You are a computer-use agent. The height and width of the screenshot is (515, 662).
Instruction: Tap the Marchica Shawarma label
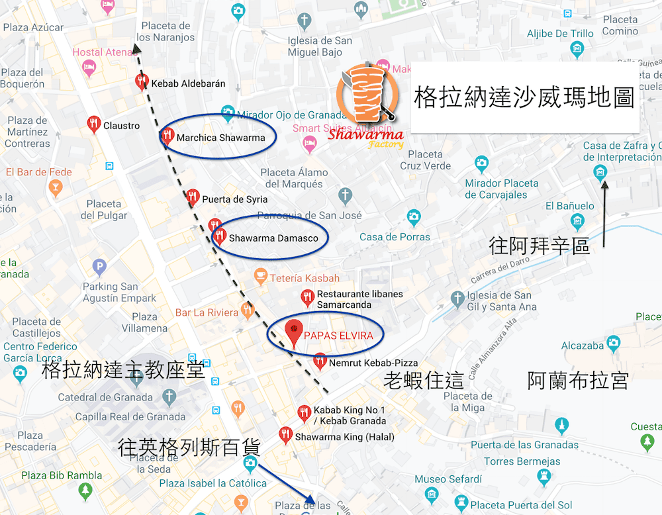(220, 138)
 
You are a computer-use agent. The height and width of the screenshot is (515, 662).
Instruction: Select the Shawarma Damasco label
(273, 238)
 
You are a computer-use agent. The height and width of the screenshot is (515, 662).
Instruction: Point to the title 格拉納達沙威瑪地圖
(524, 97)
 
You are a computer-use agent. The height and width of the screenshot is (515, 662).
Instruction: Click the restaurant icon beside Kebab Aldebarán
(141, 81)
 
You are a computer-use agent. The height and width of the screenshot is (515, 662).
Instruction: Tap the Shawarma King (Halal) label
(344, 437)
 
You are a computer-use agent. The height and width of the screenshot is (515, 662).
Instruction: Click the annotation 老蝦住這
(424, 381)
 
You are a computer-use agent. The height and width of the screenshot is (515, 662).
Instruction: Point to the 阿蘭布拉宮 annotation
(577, 381)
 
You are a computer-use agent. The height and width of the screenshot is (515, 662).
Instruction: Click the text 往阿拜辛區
(540, 246)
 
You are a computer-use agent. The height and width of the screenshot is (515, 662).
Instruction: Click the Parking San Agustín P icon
(99, 267)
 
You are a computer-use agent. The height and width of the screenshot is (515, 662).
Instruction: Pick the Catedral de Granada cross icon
(169, 397)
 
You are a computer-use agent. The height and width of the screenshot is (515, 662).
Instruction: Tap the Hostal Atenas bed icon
(88, 67)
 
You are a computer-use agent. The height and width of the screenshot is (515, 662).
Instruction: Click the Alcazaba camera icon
(613, 343)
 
